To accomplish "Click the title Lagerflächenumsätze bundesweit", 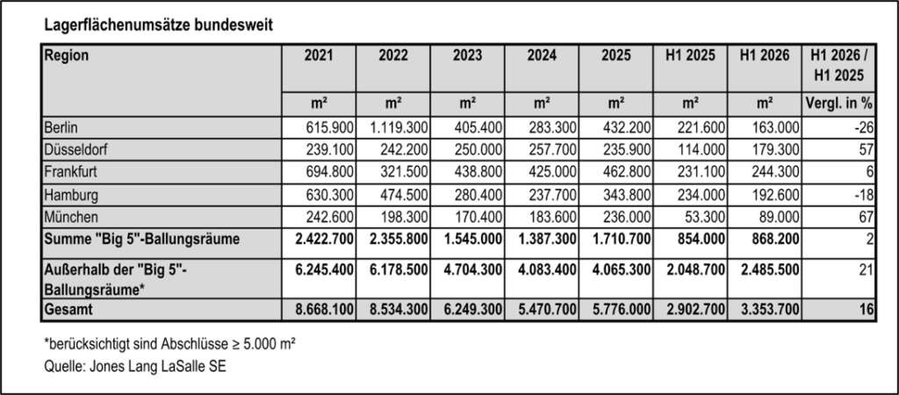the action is (158, 25).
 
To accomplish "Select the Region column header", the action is (67, 55).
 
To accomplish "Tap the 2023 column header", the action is (467, 55).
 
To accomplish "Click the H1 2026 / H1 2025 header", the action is (838, 65).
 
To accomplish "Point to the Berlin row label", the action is (61, 127).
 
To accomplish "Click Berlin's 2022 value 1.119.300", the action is (393, 127).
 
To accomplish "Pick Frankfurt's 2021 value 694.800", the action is (330, 173).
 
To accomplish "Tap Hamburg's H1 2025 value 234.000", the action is (701, 195).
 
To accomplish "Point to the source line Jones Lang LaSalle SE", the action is (134, 366).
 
